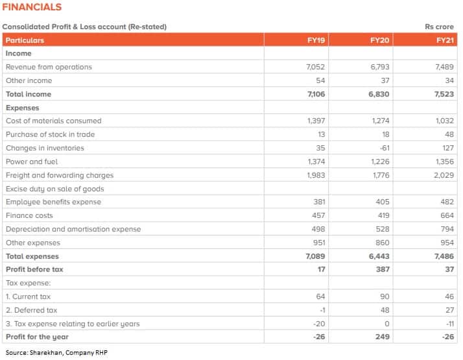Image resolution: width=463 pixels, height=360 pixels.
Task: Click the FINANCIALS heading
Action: pyautogui.click(x=32, y=6)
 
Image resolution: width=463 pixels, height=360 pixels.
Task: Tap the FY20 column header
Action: pyautogui.click(x=379, y=40)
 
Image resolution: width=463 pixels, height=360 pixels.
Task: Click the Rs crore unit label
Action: pyautogui.click(x=439, y=27)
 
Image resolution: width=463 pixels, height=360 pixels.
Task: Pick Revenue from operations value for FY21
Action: pyautogui.click(x=444, y=67)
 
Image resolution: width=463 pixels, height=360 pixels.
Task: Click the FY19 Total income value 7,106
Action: pyautogui.click(x=316, y=94)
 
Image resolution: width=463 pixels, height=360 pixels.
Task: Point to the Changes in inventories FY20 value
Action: pyautogui.click(x=385, y=148)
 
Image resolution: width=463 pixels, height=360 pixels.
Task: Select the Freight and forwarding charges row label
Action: pyautogui.click(x=60, y=175)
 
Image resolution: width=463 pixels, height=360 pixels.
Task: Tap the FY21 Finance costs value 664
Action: pyautogui.click(x=447, y=215)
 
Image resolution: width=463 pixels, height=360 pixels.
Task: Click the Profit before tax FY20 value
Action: pyautogui.click(x=383, y=269)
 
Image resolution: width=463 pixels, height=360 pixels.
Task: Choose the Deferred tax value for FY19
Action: pyautogui.click(x=322, y=310)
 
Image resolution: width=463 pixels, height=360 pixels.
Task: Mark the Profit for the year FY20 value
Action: pyautogui.click(x=383, y=337)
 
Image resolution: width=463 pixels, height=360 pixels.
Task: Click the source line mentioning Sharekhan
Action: pyautogui.click(x=56, y=353)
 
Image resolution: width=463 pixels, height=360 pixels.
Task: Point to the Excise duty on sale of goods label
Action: pyautogui.click(x=55, y=189)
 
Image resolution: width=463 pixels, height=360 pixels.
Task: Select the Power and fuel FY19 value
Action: pyautogui.click(x=316, y=162)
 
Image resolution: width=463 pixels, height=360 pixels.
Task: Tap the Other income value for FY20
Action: pyautogui.click(x=385, y=80)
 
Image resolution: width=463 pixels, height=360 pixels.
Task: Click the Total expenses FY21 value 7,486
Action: pyautogui.click(x=444, y=256)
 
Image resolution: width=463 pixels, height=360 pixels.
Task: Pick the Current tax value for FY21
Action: pyautogui.click(x=449, y=296)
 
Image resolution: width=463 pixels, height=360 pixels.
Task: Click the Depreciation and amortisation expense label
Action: pyautogui.click(x=73, y=229)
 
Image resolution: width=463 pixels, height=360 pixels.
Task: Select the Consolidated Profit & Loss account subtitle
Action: pyautogui.click(x=84, y=27)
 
